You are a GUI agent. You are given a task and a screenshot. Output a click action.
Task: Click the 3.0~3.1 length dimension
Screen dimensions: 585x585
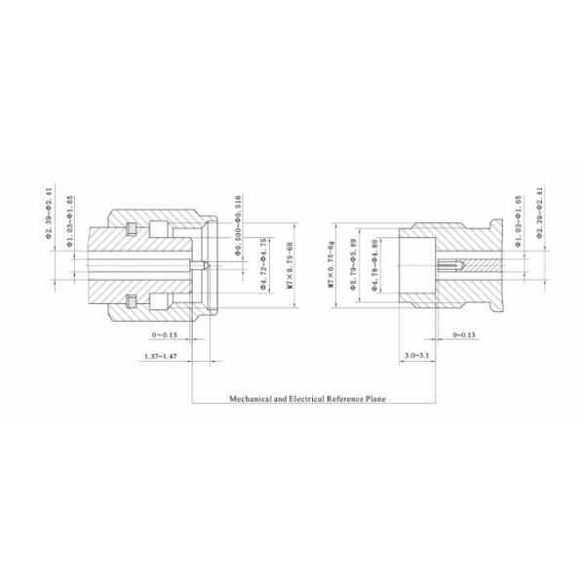pyautogui.click(x=416, y=359)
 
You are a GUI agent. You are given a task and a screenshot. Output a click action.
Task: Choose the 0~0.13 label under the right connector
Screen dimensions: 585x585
pyautogui.click(x=464, y=334)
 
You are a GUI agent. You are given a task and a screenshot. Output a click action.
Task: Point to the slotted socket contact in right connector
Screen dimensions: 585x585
pyautogui.click(x=452, y=264)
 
